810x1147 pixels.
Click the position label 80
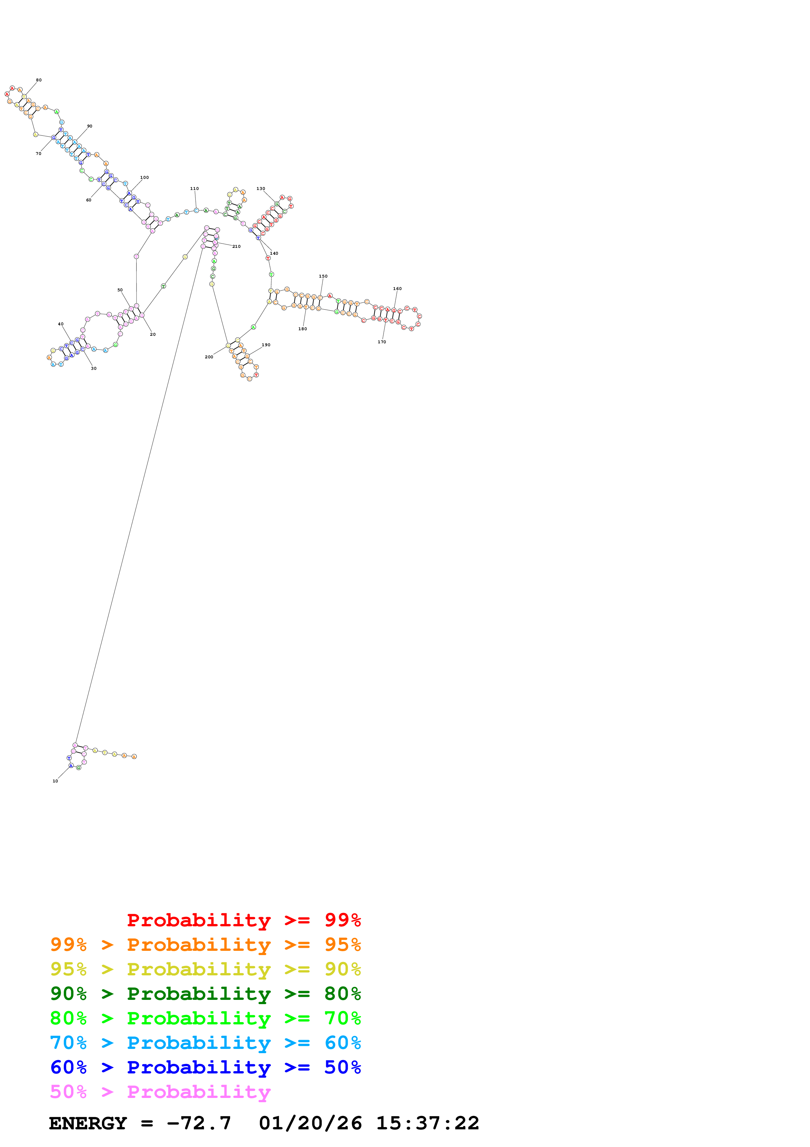pyautogui.click(x=39, y=80)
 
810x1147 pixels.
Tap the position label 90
pyautogui.click(x=90, y=126)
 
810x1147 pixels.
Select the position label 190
pyautogui.click(x=266, y=345)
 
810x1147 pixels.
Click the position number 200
pyautogui.click(x=208, y=357)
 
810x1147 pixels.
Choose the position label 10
pyautogui.click(x=56, y=781)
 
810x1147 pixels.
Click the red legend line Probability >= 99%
pyautogui.click(x=243, y=920)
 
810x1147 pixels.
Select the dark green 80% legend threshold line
pyautogui.click(x=205, y=994)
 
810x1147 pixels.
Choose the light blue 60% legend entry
pyautogui.click(x=205, y=1043)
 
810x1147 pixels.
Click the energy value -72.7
pyautogui.click(x=199, y=1123)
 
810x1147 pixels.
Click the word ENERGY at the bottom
pyautogui.click(x=88, y=1123)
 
